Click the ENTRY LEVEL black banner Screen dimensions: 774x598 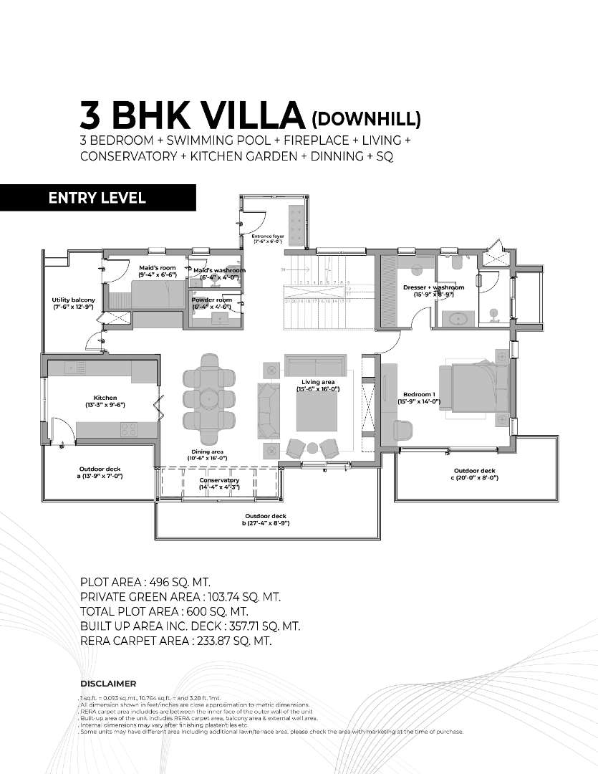click(x=97, y=198)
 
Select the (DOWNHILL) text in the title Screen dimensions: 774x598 click(x=367, y=118)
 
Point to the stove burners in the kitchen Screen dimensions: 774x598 click(x=129, y=429)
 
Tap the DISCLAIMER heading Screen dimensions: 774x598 click(x=108, y=684)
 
